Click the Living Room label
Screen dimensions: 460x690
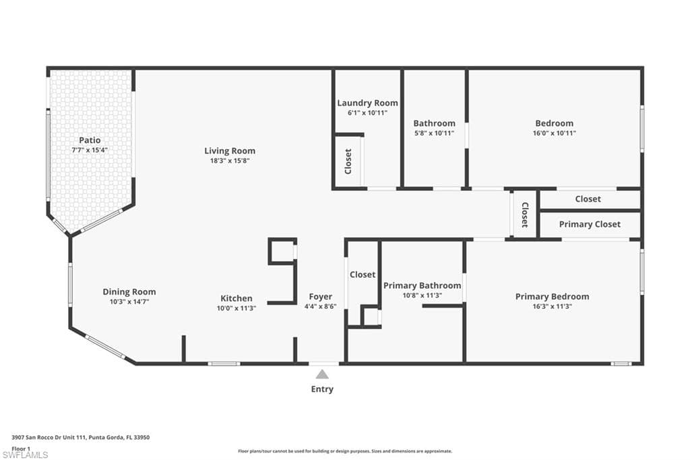[230, 150]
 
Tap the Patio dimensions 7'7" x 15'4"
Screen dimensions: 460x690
[90, 150]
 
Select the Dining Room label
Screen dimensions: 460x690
[129, 292]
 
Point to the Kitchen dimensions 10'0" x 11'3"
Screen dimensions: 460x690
[237, 308]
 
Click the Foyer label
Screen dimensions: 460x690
[320, 297]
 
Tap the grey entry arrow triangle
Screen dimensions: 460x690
[323, 374]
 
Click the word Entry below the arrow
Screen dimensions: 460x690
[322, 389]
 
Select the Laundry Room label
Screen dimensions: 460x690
[367, 103]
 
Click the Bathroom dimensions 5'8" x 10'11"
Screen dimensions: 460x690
[434, 134]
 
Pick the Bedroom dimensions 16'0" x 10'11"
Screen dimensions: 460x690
[555, 134]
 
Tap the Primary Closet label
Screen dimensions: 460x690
[590, 224]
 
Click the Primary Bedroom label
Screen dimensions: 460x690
[552, 297]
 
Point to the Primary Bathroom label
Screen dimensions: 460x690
[422, 285]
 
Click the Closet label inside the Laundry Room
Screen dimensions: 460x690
[348, 161]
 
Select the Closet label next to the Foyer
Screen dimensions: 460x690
[362, 275]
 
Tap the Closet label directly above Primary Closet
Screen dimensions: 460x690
[588, 199]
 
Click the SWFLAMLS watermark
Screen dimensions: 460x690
[26, 455]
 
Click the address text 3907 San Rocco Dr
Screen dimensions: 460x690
[80, 437]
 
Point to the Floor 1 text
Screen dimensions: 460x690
[21, 448]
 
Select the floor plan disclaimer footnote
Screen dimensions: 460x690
[344, 451]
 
